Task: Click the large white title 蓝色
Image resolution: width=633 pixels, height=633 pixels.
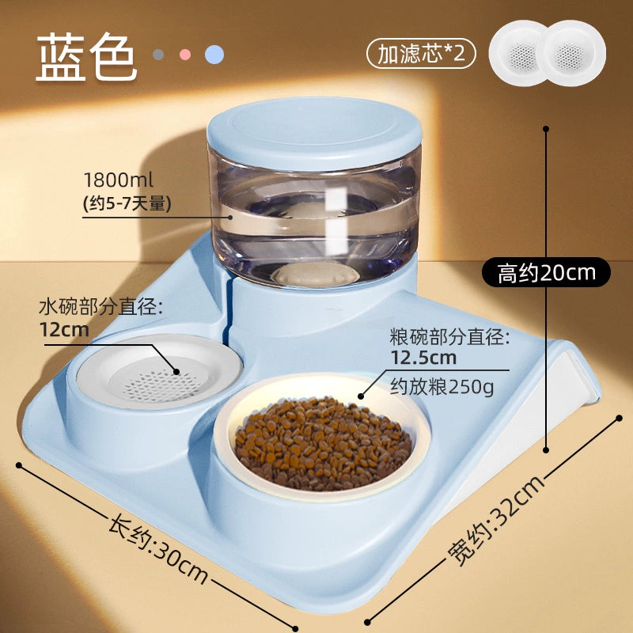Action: click(87, 56)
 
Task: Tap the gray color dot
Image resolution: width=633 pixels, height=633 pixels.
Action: click(158, 55)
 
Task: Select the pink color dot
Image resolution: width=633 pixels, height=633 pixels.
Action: click(185, 55)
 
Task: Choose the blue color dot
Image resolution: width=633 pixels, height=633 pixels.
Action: click(214, 55)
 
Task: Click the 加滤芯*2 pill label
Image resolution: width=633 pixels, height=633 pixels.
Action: click(422, 53)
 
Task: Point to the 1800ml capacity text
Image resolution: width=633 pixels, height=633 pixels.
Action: click(118, 180)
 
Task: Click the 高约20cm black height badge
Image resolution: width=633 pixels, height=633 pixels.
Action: click(546, 272)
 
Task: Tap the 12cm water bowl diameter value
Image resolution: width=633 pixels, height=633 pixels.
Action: click(64, 329)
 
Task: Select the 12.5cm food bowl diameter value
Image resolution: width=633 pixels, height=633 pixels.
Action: click(423, 358)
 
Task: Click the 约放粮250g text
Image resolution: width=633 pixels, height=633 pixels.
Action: click(442, 387)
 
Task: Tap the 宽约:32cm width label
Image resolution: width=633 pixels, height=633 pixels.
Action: click(496, 521)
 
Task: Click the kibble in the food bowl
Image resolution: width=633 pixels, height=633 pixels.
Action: click(323, 442)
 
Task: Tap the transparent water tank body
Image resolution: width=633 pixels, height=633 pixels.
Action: click(315, 222)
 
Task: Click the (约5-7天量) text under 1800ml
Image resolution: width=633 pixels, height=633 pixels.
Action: click(127, 203)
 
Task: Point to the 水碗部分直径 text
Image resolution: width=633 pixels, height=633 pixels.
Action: click(101, 308)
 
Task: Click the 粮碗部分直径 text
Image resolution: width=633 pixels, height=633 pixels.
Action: click(449, 337)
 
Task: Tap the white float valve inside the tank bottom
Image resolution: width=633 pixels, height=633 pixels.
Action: click(315, 275)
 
